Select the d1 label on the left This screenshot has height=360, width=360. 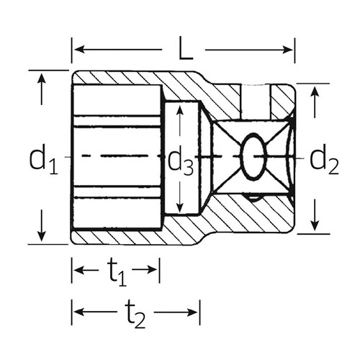43,160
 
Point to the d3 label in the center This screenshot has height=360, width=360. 181,163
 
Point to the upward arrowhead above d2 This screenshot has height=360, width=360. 315,91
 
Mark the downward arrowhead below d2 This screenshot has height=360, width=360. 315,225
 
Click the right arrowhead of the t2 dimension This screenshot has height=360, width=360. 194,313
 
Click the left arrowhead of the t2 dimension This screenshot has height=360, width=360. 78,313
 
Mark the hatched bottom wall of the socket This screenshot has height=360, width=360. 130,237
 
